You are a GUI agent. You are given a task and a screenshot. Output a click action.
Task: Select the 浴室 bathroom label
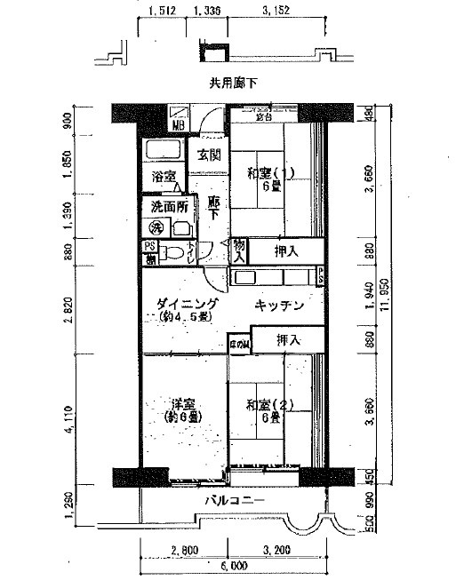[163, 175]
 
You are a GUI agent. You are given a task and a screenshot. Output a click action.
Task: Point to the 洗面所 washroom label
[168, 206]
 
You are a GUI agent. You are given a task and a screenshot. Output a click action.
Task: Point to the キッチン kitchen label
[279, 306]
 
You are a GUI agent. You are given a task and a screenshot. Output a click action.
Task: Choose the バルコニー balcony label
[236, 501]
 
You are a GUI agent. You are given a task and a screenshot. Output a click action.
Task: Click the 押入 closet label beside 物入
[286, 251]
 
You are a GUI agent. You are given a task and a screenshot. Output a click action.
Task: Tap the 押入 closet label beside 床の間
[287, 339]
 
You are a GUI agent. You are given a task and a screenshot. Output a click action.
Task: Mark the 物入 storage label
[239, 250]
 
